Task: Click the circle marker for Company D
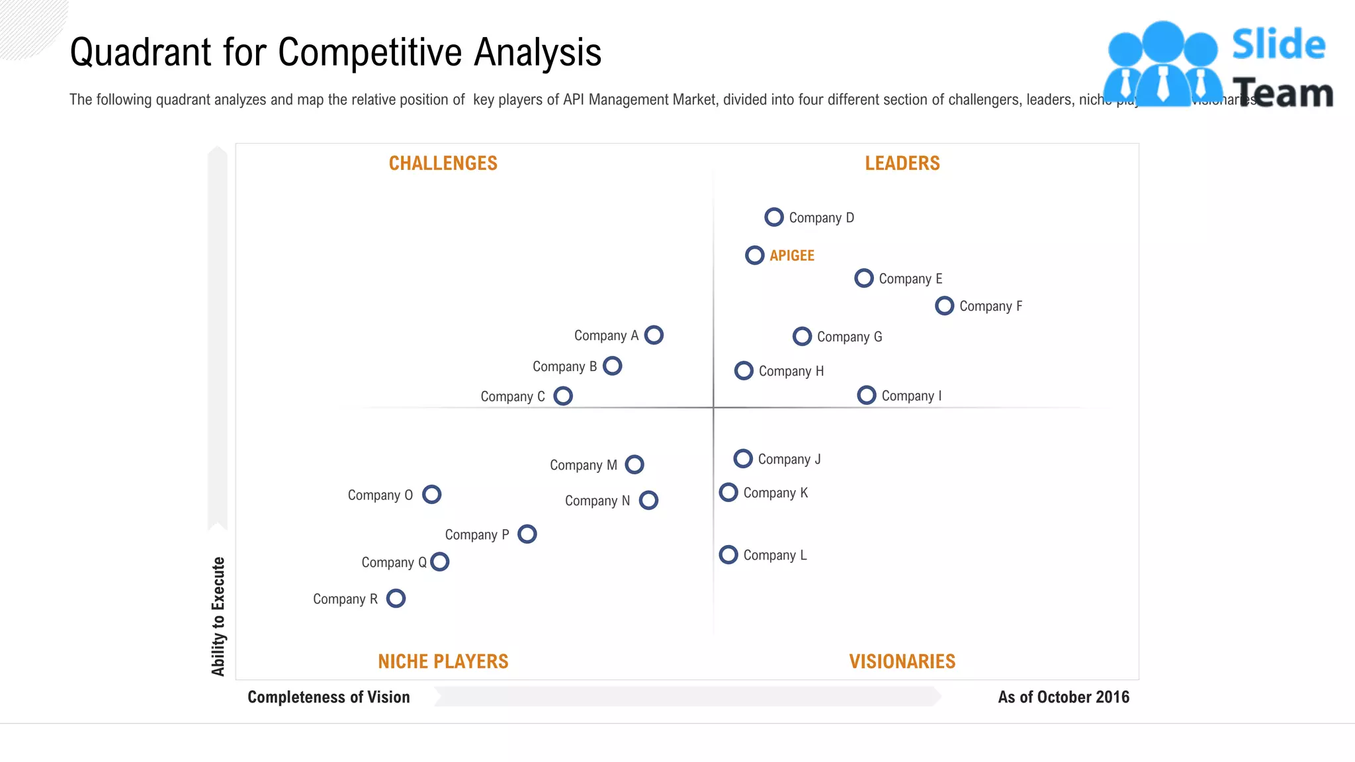tap(773, 217)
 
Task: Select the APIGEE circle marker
tap(754, 255)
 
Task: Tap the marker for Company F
tap(944, 306)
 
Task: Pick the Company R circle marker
tap(396, 599)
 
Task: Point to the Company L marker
tap(728, 554)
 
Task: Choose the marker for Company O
tap(431, 494)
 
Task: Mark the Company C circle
tap(563, 396)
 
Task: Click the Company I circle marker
tap(866, 395)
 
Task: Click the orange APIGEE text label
tap(791, 255)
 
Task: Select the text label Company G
tap(849, 337)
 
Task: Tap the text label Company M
tap(583, 465)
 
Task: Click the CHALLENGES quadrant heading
tap(443, 163)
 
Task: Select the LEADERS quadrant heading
tap(902, 163)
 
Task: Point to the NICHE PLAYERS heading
tap(443, 661)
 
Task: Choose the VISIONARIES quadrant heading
tap(902, 661)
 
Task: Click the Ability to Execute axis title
tap(218, 616)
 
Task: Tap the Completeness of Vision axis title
tap(328, 697)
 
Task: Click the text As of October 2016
tap(1063, 697)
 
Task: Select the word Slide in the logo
tap(1278, 45)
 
